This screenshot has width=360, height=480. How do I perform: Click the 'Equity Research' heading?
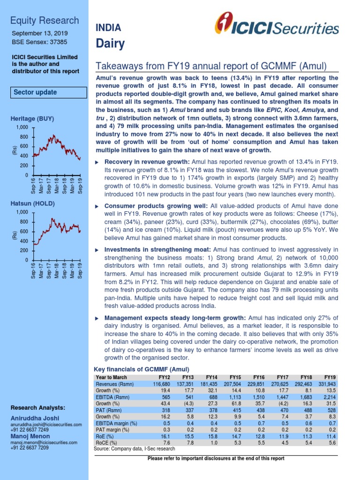click(45, 20)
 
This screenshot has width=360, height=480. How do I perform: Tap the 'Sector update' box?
click(35, 92)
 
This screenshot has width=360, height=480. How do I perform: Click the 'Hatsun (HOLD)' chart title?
click(33, 203)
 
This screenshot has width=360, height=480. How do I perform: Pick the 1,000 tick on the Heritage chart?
click(22, 127)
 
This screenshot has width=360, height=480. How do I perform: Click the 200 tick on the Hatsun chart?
click(24, 251)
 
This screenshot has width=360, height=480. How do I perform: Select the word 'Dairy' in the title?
click(110, 44)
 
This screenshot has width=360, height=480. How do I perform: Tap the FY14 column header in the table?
click(211, 377)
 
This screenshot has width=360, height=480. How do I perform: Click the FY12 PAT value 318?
click(165, 413)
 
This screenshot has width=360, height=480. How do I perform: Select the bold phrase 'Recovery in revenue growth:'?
click(139, 161)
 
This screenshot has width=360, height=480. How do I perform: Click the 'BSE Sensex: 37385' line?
click(39, 42)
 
